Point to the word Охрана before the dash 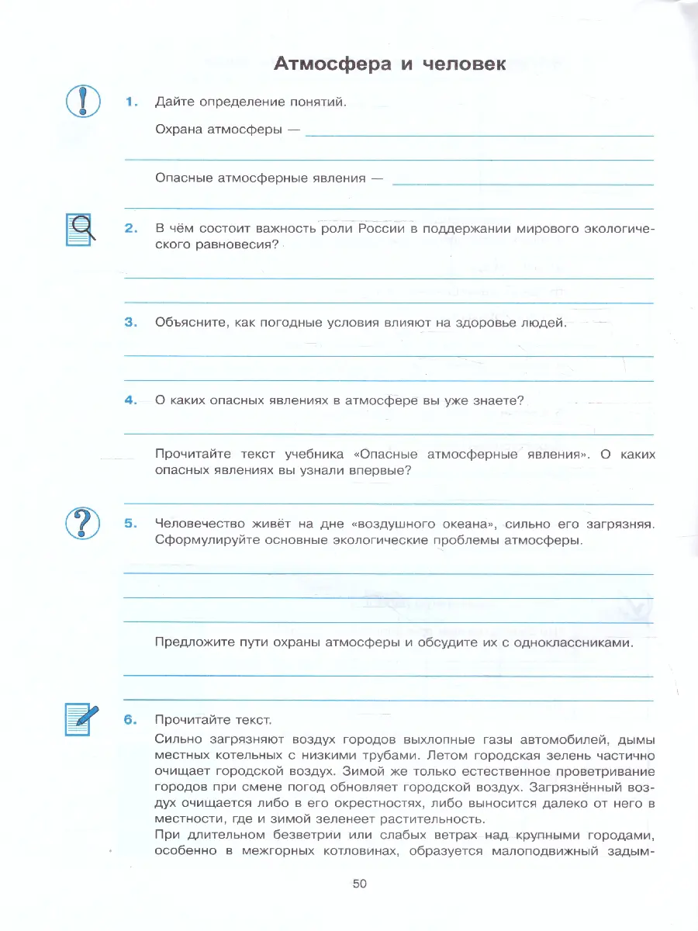179,130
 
